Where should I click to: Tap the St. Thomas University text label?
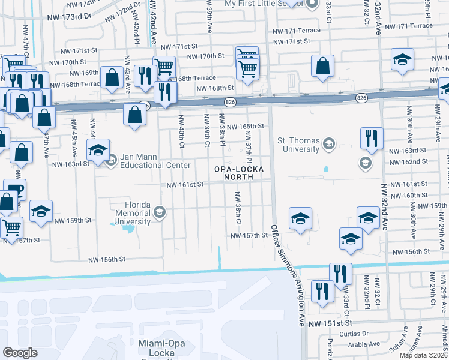coord(298,145)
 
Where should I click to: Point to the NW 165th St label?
coord(247,126)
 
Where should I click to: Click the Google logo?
coord(20,353)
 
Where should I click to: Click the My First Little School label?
coord(264,4)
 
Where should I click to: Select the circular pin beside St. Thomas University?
coord(328,144)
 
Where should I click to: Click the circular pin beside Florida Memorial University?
coord(160,212)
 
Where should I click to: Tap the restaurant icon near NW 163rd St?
coord(372,138)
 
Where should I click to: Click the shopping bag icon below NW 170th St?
coord(323,66)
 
